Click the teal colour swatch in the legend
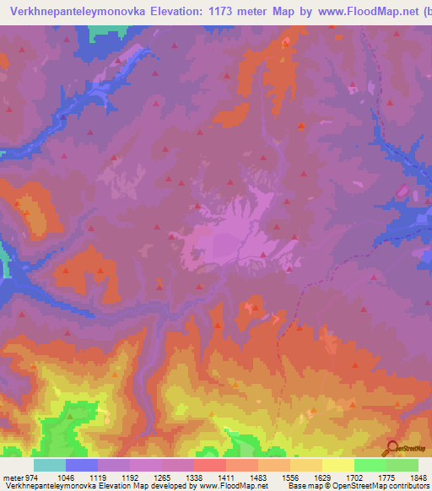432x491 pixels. pyautogui.click(x=49, y=465)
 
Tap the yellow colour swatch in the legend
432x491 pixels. pyautogui.click(x=337, y=465)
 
